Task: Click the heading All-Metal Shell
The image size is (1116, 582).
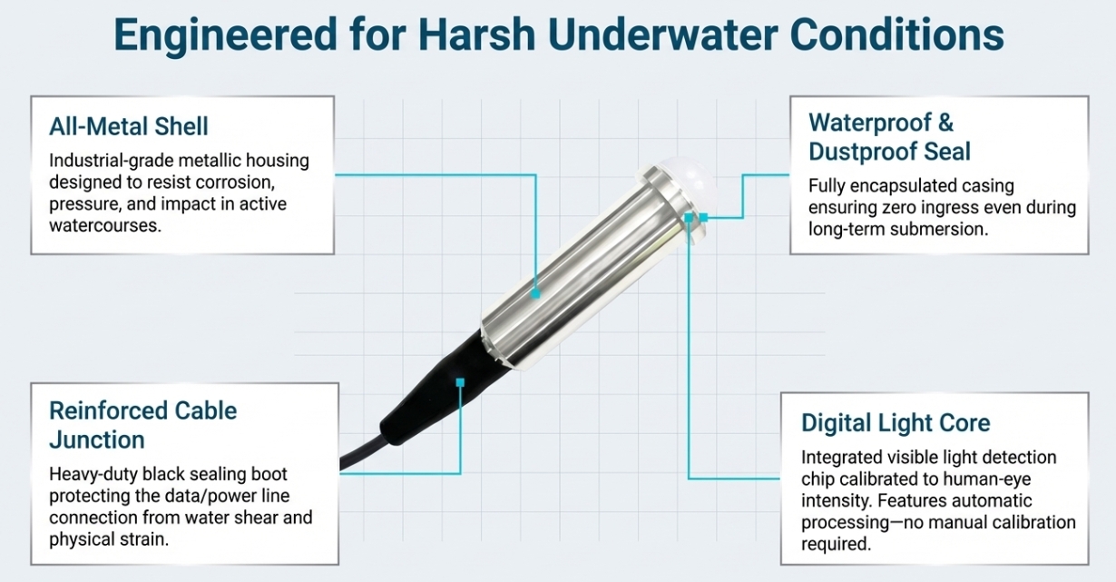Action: [128, 126]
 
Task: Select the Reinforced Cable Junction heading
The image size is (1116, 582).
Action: [142, 425]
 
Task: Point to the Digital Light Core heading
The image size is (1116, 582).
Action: [895, 423]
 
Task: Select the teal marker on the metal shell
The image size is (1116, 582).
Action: [536, 294]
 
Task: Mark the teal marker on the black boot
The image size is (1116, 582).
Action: [461, 382]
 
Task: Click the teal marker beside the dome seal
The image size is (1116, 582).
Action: [703, 217]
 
